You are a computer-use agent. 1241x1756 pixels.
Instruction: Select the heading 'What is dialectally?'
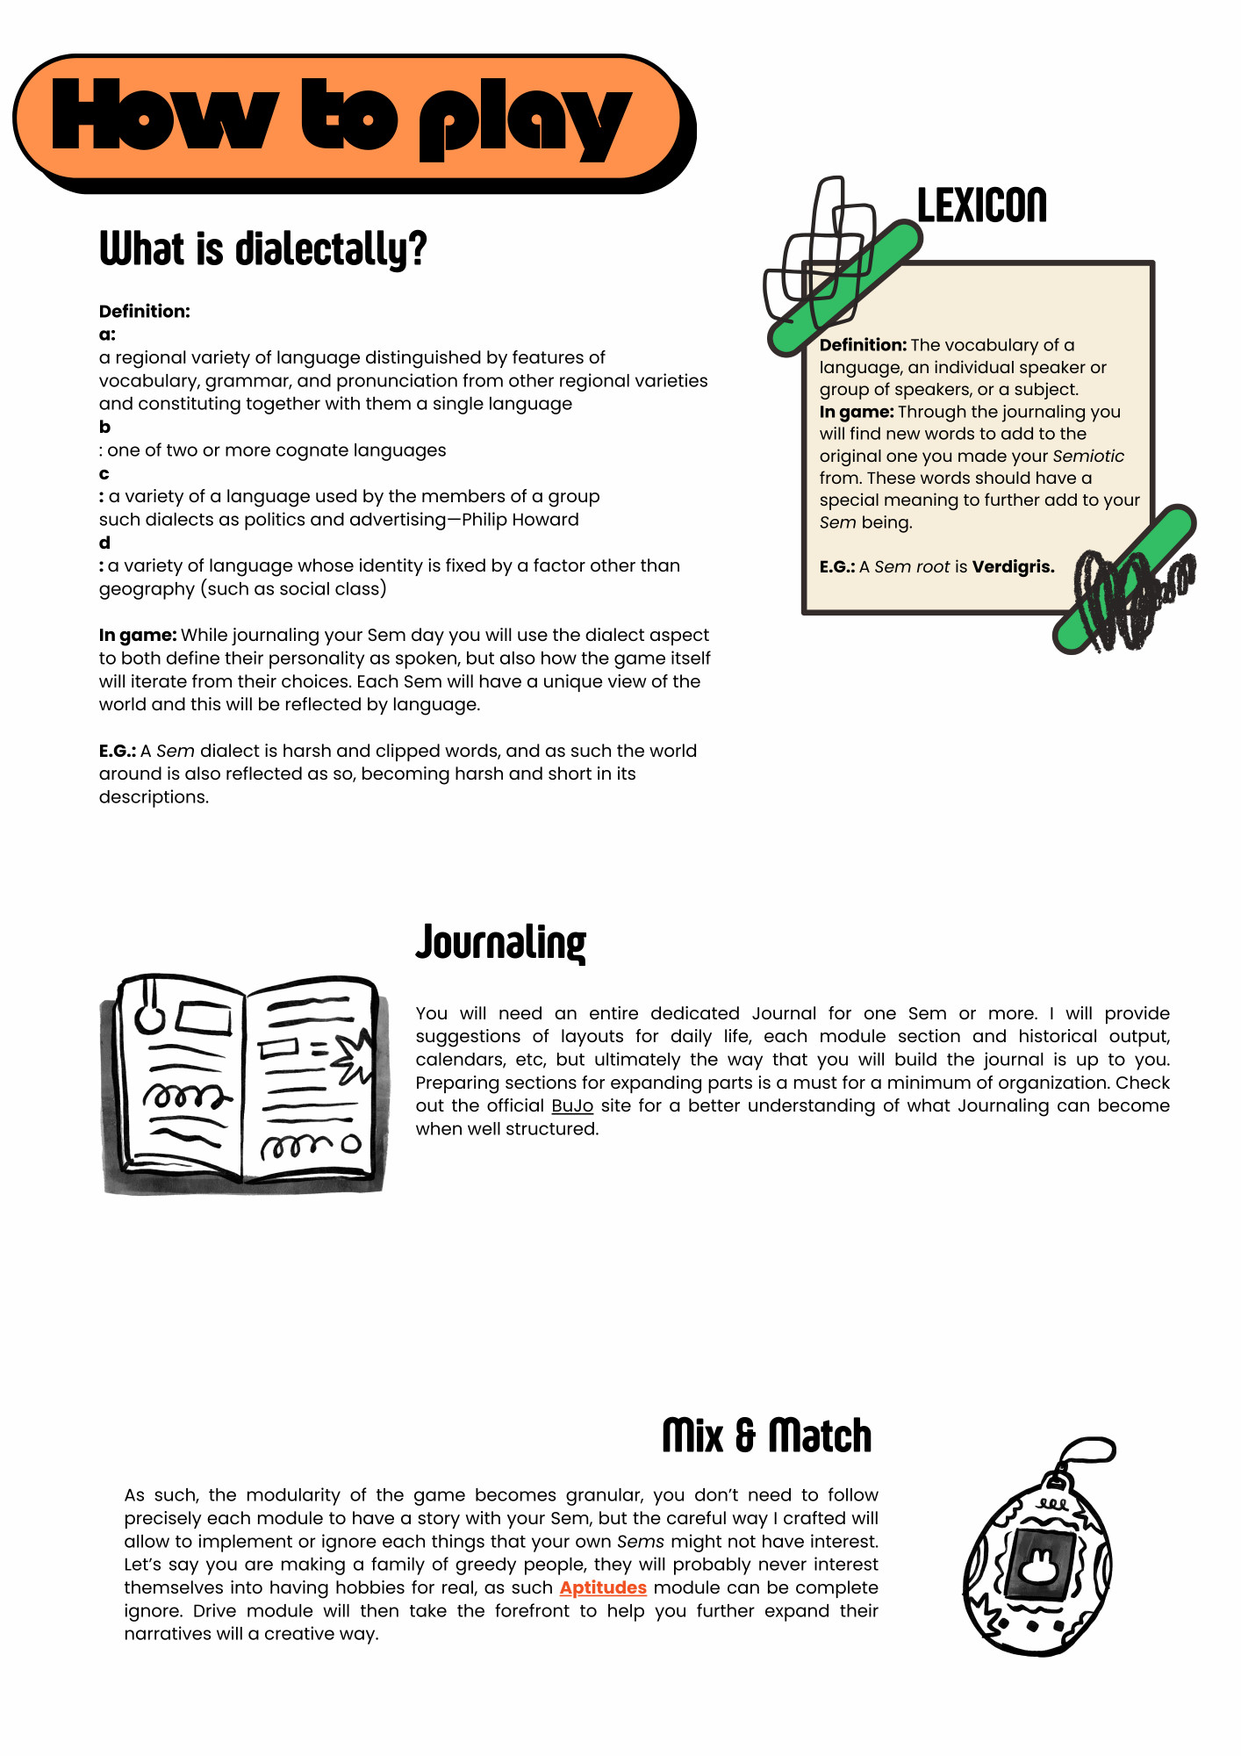(262, 248)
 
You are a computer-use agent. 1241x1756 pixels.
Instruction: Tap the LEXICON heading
(981, 205)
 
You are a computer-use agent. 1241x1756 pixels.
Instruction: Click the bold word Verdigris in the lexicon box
(1013, 567)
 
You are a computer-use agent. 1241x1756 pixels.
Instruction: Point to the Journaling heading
(500, 943)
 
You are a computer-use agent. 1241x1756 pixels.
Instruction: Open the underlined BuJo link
(572, 1106)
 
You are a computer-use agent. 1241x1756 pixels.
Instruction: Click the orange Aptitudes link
(603, 1588)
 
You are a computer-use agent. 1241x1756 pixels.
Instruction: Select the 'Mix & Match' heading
(766, 1436)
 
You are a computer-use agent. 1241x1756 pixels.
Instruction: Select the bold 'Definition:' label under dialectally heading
(144, 312)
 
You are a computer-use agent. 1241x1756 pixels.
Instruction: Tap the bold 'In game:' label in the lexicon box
(856, 412)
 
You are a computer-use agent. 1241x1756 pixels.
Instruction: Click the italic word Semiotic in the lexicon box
(1087, 457)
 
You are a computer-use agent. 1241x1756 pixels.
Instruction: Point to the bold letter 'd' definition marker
(104, 543)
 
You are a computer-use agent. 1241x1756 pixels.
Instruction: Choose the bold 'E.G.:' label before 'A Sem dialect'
(117, 752)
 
